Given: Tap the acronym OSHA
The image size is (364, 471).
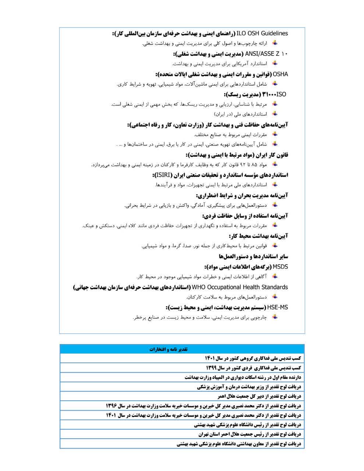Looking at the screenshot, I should tap(281, 74).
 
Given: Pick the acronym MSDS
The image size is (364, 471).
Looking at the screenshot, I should tap(280, 267).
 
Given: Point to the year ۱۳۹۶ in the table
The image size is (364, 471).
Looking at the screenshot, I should tap(112, 406).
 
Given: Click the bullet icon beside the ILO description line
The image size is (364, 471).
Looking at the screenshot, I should tap(274, 43).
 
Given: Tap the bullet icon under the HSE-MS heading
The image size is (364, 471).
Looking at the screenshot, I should tap(274, 317).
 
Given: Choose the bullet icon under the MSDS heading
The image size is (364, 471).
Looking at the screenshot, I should tap(274, 276).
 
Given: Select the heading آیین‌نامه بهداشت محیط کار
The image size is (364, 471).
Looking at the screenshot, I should tap(258, 236).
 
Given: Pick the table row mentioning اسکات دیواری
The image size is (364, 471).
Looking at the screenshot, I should tap(243, 377).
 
